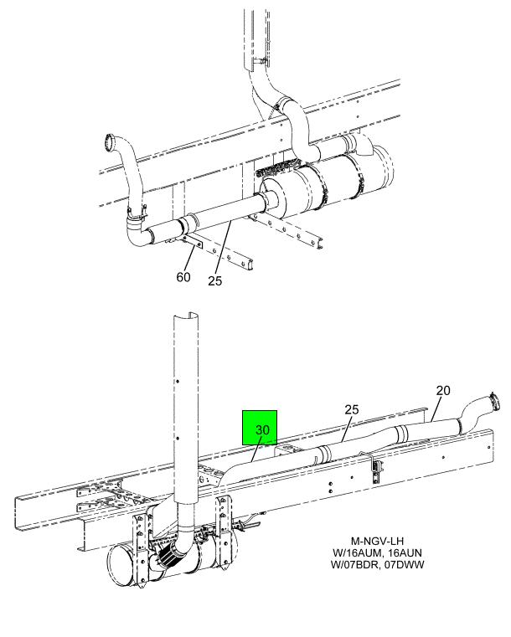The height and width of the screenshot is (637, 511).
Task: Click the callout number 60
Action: click(183, 277)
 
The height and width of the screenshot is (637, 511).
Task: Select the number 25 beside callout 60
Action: click(215, 281)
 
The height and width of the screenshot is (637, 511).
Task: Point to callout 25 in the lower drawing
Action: click(353, 409)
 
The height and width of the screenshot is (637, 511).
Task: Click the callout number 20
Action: click(443, 389)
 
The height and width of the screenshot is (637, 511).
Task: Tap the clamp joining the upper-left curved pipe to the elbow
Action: click(132, 219)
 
